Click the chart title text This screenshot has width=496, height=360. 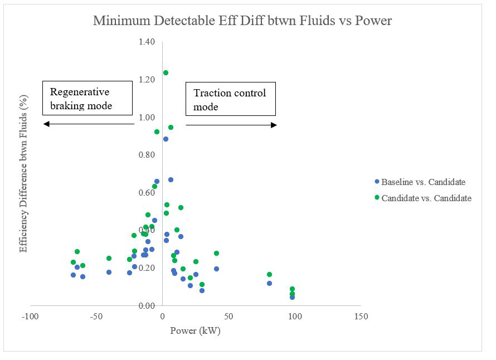click(x=242, y=21)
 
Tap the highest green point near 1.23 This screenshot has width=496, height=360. click(x=166, y=72)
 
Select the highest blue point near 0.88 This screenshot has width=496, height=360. click(x=166, y=139)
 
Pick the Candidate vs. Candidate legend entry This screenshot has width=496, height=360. click(x=423, y=198)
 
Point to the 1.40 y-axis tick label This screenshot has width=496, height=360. click(x=147, y=42)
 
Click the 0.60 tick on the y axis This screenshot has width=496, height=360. click(x=147, y=193)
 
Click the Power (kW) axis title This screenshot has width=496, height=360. click(x=196, y=330)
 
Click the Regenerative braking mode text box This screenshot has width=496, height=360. click(x=88, y=98)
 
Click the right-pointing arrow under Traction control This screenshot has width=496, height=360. click(x=231, y=125)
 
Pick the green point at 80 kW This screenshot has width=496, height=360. click(x=269, y=274)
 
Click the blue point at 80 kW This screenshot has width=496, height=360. click(x=269, y=283)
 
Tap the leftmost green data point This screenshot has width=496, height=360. click(x=73, y=262)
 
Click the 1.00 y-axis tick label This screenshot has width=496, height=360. click(x=147, y=117)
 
